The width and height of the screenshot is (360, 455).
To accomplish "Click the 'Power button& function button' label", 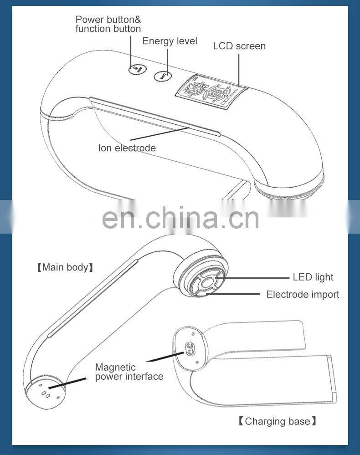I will [108, 24].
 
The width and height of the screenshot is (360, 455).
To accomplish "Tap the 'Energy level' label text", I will [170, 41].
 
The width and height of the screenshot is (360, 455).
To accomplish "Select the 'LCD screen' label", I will [239, 46].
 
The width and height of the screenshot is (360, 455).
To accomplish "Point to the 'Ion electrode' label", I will [127, 148].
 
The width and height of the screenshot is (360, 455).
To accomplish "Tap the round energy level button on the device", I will [162, 76].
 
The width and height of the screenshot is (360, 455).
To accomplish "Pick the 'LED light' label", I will [313, 277].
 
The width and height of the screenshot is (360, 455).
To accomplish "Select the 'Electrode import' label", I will [303, 294].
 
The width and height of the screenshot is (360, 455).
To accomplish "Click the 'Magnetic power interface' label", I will [129, 372].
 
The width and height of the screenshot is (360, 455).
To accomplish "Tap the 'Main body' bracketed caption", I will [65, 267].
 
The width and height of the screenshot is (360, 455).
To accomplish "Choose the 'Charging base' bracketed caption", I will [277, 421].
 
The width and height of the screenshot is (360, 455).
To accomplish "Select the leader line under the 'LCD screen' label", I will [238, 68].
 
